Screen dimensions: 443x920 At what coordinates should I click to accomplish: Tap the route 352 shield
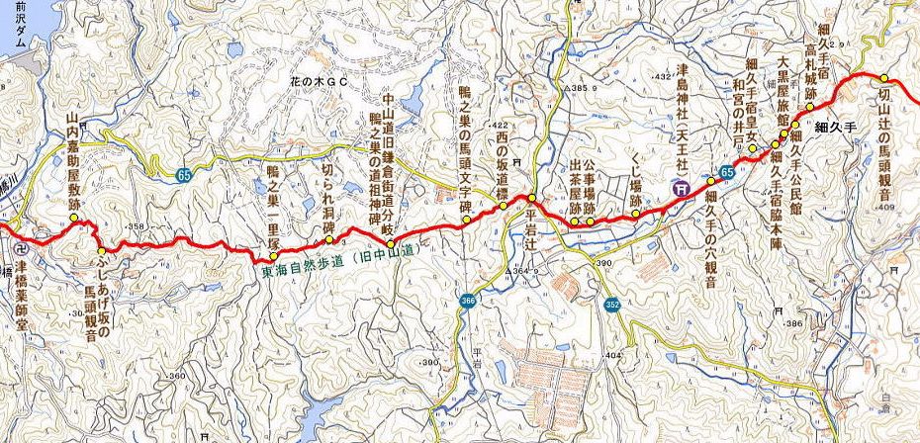click(x=613, y=305)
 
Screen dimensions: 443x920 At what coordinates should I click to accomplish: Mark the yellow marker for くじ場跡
click(x=635, y=213)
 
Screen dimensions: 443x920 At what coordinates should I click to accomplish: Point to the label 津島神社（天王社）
click(x=682, y=120)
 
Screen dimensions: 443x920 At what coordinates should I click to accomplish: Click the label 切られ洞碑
click(x=328, y=193)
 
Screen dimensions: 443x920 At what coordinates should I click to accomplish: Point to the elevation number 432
click(x=663, y=76)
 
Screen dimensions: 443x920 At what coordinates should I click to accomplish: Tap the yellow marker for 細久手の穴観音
click(x=710, y=182)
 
